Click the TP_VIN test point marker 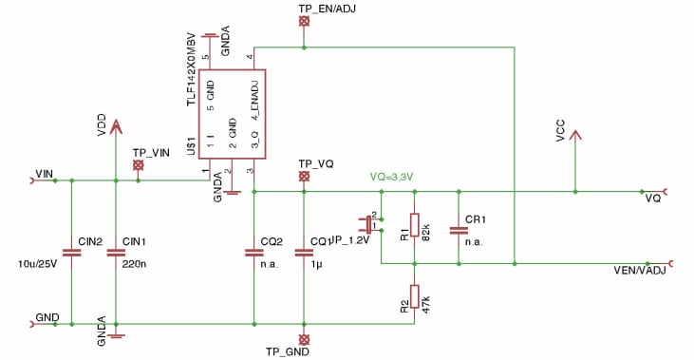pos(139,165)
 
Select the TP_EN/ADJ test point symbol pos(304,21)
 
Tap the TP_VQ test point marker pos(304,176)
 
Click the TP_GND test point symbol pos(304,338)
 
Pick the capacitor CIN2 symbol pos(71,253)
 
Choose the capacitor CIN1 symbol pos(116,253)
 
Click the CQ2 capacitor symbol pos(253,253)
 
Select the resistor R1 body pos(414,226)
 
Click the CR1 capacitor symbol pos(459,229)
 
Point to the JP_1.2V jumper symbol pos(368,224)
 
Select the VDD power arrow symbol pos(116,126)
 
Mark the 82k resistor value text pos(428,231)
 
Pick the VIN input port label pos(44,174)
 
